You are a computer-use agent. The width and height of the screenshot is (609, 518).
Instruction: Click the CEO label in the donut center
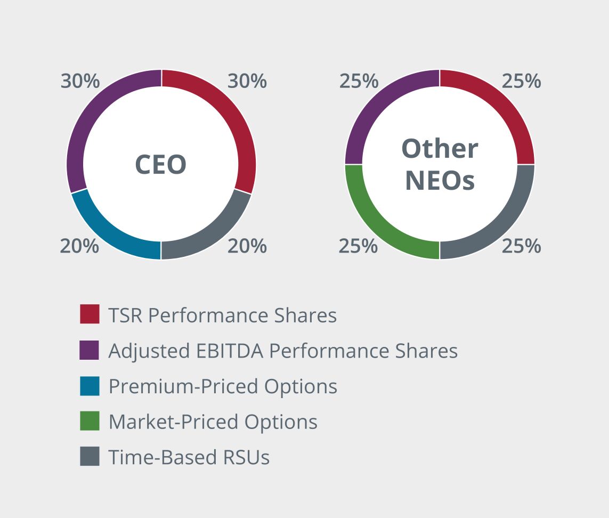160,165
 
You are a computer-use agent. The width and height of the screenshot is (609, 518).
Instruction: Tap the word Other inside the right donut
440,149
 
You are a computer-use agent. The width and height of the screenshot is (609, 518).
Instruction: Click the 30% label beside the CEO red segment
247,82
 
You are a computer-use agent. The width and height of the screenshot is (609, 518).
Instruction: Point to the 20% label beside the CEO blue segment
79,246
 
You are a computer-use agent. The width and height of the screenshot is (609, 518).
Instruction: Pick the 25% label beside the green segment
359,246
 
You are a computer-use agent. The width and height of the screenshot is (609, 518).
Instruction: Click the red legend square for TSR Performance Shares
90,314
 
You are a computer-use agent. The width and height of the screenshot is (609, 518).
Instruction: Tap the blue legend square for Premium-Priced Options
90,386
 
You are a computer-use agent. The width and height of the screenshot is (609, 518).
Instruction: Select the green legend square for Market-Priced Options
90,422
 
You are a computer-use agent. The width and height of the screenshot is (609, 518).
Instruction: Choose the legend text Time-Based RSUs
189,457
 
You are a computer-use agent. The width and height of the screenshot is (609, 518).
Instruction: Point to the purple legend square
90,350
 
